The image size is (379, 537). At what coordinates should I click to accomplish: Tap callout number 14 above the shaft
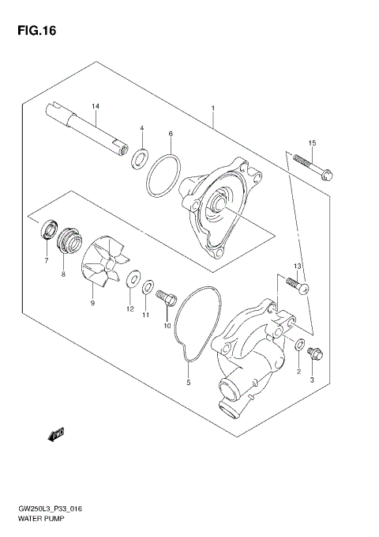coord(96,106)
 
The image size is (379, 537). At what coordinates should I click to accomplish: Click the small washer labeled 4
coord(138,157)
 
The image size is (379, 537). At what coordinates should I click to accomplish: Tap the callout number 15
coord(312,142)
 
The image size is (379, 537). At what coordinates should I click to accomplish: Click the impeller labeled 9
coord(103,262)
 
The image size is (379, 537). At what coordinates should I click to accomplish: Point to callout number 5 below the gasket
coord(188,383)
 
